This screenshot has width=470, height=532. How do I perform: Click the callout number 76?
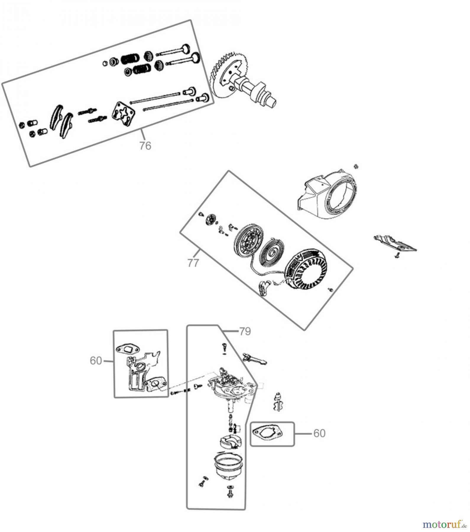click(145, 146)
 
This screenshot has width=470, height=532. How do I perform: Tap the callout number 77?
click(193, 262)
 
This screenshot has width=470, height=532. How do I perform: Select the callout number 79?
click(245, 331)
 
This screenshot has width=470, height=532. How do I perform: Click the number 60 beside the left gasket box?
click(96, 361)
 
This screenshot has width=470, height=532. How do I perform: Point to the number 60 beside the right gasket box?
click(319, 433)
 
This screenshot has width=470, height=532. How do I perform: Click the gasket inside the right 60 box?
click(267, 434)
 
